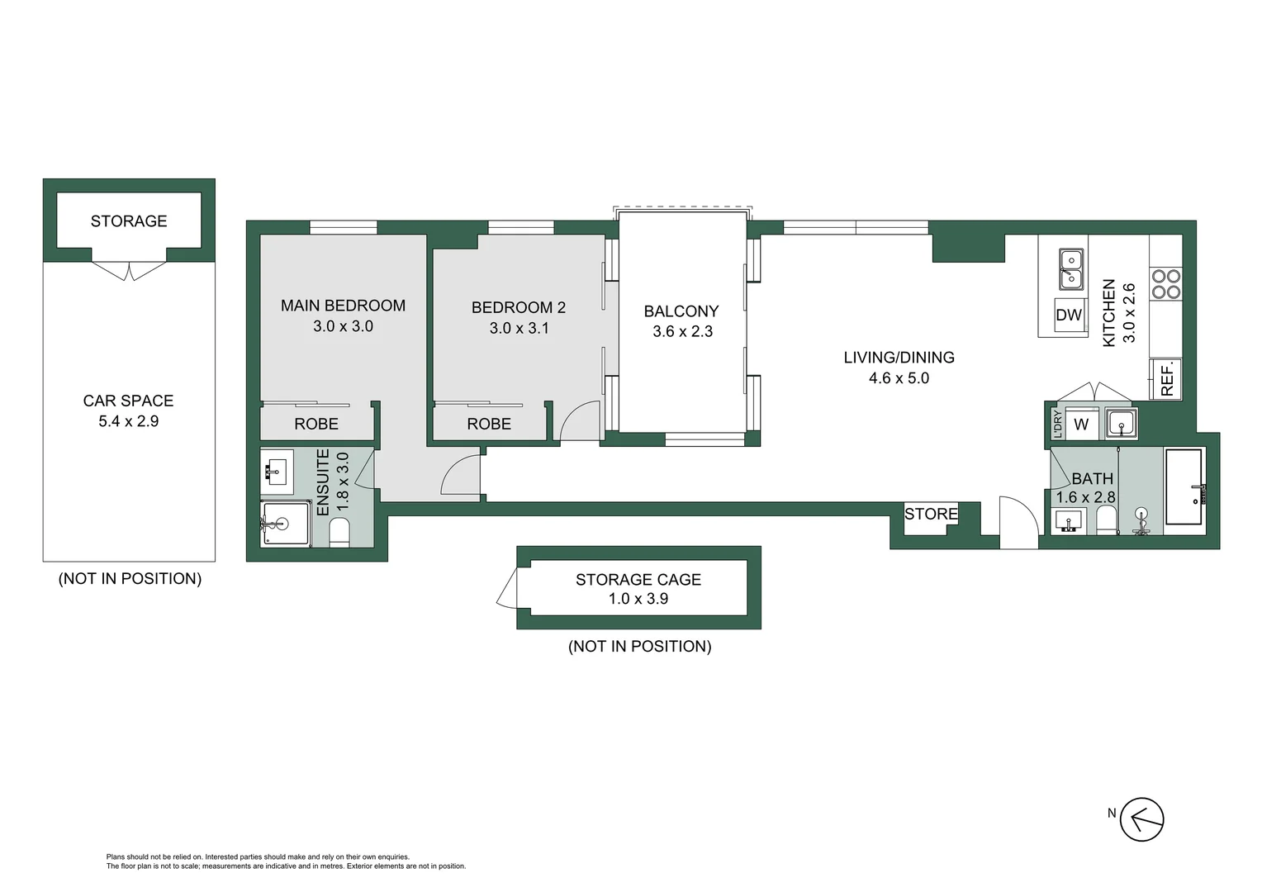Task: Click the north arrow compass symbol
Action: coord(1142,820)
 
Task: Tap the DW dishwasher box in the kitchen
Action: coord(1069,315)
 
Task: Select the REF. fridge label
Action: coord(1166,380)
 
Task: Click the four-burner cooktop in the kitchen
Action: coord(1165,284)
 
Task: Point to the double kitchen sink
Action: coord(1070,269)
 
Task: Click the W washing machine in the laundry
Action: coord(1081,425)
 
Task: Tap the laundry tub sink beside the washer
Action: coord(1121,424)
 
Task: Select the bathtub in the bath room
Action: coord(1184,487)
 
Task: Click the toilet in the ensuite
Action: coord(339,533)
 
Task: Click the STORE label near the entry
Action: coord(931,514)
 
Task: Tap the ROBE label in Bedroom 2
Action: coord(489,424)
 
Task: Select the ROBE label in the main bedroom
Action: coord(316,424)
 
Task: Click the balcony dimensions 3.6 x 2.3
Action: coord(682,331)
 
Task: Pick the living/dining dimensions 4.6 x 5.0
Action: coord(899,378)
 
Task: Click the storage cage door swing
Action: coord(507,591)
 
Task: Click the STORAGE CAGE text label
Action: coord(638,580)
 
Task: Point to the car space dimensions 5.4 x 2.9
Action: coord(128,421)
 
